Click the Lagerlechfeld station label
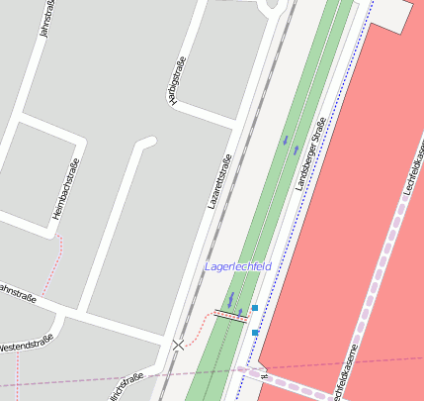pyautogui.click(x=238, y=267)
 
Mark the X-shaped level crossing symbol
pyautogui.click(x=178, y=344)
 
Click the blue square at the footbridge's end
pyautogui.click(x=255, y=309)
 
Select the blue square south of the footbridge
pyautogui.click(x=255, y=333)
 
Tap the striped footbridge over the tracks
pyautogui.click(x=231, y=315)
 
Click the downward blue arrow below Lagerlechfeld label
pyautogui.click(x=231, y=297)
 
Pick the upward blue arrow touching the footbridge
pyautogui.click(x=240, y=313)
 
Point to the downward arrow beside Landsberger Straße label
pyautogui.click(x=286, y=139)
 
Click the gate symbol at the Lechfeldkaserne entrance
pyautogui.click(x=264, y=374)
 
